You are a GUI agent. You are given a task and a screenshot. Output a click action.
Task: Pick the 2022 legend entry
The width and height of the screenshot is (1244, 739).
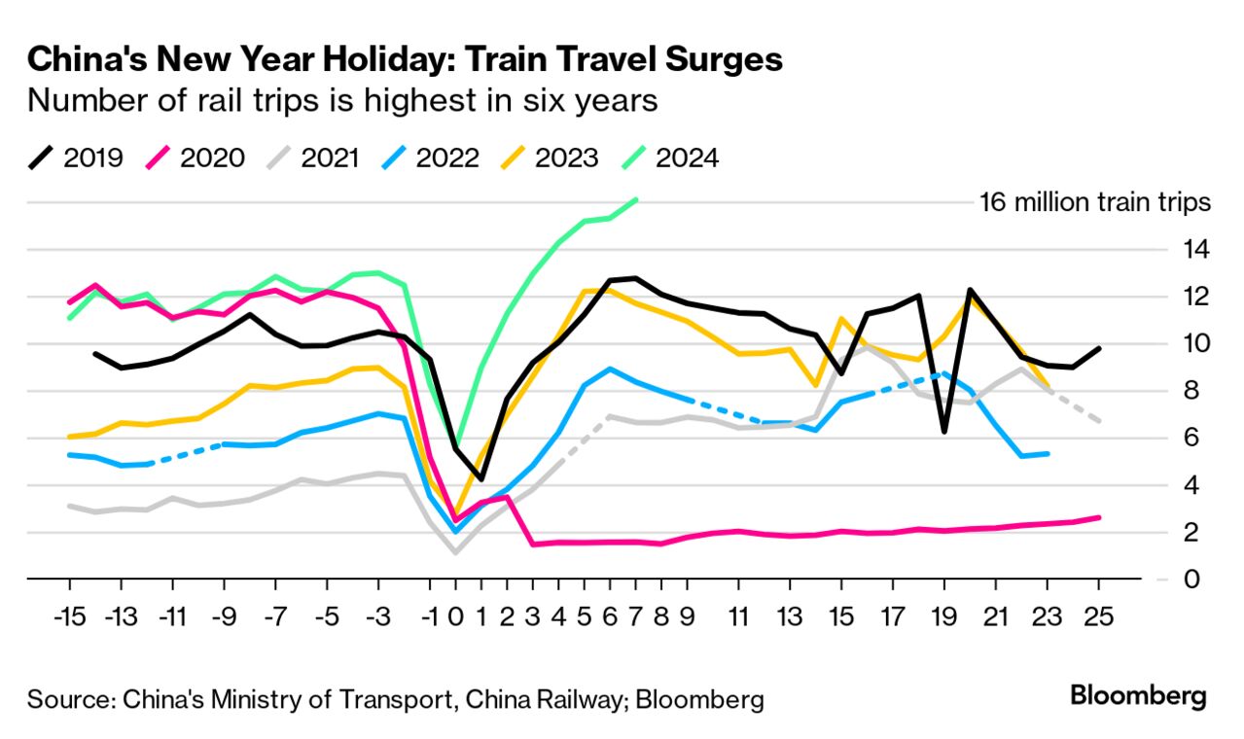pos(429,158)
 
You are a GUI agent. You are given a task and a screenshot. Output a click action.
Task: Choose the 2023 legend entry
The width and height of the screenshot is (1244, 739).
pos(549,158)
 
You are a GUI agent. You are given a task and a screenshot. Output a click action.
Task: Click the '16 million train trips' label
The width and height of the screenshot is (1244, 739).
pos(1094,203)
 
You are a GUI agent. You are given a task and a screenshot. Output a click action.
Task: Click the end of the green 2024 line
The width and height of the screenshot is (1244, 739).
pos(636,199)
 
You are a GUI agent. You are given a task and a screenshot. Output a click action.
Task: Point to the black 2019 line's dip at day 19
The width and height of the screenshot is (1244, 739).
pos(944,431)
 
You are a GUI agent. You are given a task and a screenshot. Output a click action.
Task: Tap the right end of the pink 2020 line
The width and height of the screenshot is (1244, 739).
pos(1099,517)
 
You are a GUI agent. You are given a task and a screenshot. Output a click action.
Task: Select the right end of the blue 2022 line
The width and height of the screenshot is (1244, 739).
pos(1048,453)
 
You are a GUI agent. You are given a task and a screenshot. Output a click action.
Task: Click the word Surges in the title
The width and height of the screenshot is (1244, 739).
pos(716,60)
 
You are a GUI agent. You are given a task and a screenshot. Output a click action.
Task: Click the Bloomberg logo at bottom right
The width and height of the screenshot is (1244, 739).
pos(1138,696)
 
